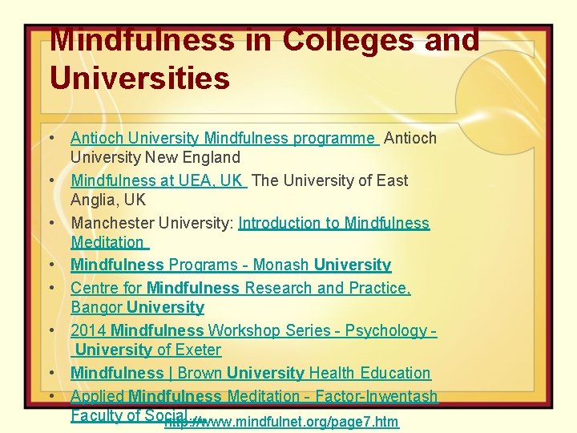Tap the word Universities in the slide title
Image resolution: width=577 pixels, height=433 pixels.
[139, 79]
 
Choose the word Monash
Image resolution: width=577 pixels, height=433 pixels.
[287, 265]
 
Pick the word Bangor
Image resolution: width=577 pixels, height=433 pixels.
[97, 307]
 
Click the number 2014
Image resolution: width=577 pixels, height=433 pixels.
[88, 330]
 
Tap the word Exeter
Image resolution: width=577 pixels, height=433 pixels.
[199, 350]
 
